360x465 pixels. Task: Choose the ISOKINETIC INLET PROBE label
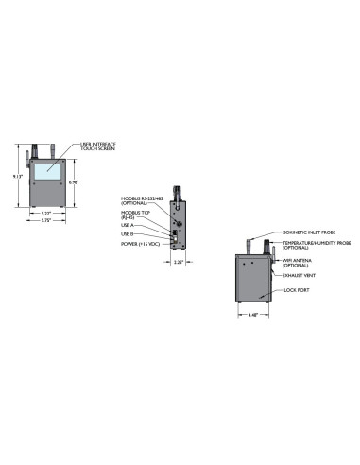point(305,231)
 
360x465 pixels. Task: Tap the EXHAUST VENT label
point(299,276)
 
